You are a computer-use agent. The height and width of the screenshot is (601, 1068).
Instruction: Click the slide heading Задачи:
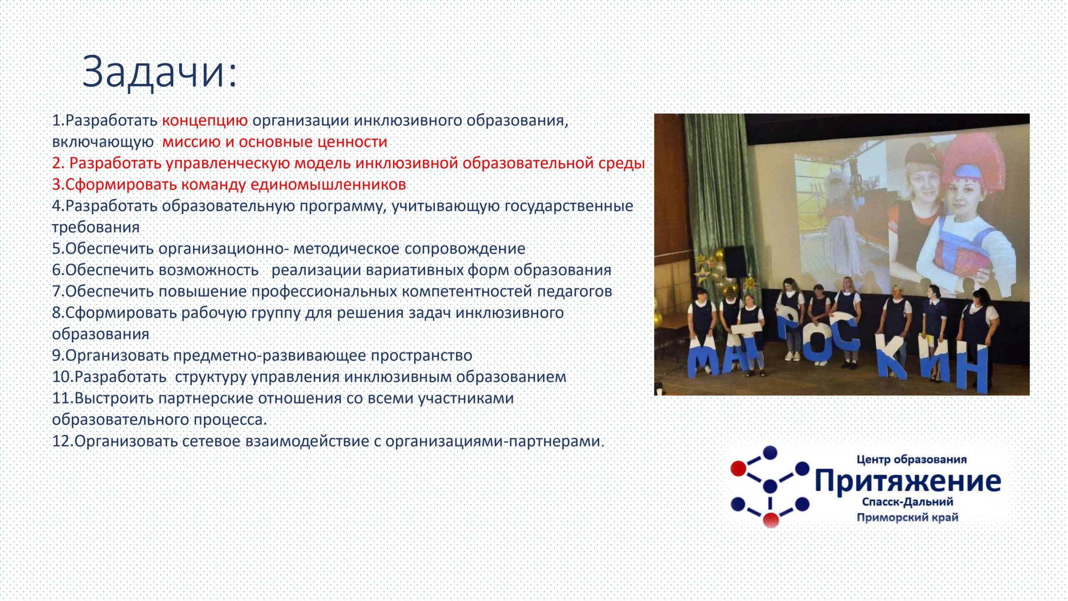click(x=159, y=72)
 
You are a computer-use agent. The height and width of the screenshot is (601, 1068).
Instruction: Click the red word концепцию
click(x=205, y=121)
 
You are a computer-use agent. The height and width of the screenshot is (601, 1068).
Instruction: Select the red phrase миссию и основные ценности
click(x=275, y=142)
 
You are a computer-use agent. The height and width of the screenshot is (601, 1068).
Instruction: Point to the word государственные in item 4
click(x=569, y=206)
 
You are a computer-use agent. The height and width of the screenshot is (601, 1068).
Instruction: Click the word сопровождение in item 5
click(x=465, y=249)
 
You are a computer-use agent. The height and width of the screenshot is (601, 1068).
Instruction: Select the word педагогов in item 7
click(x=574, y=291)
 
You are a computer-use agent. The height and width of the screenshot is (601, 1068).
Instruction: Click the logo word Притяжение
click(x=908, y=481)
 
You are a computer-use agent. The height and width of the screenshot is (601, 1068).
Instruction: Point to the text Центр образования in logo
click(x=912, y=460)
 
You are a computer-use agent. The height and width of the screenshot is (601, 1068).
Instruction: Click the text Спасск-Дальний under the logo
click(x=907, y=502)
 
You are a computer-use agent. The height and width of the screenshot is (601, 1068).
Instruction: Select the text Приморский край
click(x=907, y=518)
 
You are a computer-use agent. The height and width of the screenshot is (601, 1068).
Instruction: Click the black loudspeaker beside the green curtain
click(x=734, y=261)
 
